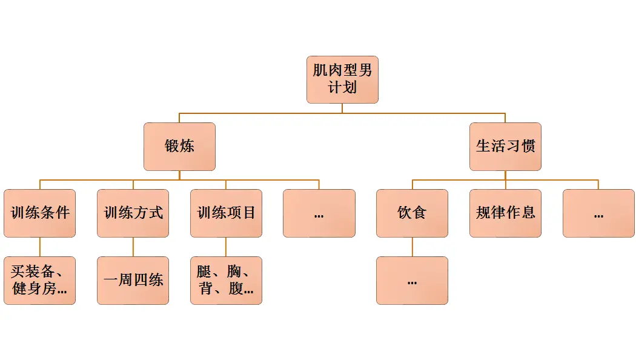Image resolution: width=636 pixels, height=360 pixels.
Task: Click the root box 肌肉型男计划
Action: pyautogui.click(x=342, y=79)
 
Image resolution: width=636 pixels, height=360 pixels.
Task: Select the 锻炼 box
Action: pyautogui.click(x=179, y=147)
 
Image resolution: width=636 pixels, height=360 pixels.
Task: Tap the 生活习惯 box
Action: pyautogui.click(x=505, y=147)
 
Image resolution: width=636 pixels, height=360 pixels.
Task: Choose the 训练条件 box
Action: pyautogui.click(x=40, y=213)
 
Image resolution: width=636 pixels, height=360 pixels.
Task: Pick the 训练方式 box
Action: pyautogui.click(x=133, y=213)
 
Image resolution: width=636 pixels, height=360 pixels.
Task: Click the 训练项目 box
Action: pyautogui.click(x=226, y=213)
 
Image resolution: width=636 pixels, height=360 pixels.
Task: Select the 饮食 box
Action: pyautogui.click(x=412, y=213)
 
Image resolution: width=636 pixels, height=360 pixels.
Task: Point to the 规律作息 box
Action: pyautogui.click(x=505, y=213)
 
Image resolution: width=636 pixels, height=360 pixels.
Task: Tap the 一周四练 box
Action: pyautogui.click(x=133, y=281)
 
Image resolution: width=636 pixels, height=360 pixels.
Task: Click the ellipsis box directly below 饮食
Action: pyautogui.click(x=412, y=281)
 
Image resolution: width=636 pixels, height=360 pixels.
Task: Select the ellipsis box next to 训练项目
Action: pyautogui.click(x=319, y=213)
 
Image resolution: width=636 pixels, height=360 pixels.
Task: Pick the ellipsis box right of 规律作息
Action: pyautogui.click(x=598, y=213)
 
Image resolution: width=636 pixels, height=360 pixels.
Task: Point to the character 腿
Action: pyautogui.click(x=204, y=272)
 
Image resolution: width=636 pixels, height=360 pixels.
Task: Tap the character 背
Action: pyautogui.click(x=206, y=288)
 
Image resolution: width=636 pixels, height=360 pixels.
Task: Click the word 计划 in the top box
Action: pyautogui.click(x=342, y=88)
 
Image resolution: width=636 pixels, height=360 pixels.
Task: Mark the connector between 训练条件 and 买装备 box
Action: pyautogui.click(x=40, y=247)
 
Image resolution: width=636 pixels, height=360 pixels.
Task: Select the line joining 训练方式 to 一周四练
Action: pyautogui.click(x=133, y=247)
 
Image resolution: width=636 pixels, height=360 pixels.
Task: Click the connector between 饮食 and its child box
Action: pyautogui.click(x=412, y=247)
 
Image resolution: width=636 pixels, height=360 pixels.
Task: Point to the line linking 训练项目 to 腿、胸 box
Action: pyautogui.click(x=226, y=247)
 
